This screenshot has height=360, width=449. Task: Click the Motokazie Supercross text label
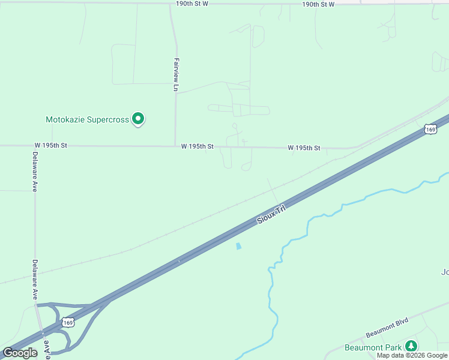click(x=88, y=119)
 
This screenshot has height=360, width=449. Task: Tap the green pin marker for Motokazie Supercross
click(x=139, y=119)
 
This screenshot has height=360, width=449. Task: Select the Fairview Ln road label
click(x=176, y=74)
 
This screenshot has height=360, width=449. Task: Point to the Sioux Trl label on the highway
click(x=271, y=214)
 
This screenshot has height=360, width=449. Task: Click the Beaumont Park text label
click(x=373, y=347)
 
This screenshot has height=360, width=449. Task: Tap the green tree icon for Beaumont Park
click(x=411, y=346)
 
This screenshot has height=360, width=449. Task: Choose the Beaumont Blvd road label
click(x=387, y=328)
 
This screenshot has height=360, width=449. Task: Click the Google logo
click(x=20, y=353)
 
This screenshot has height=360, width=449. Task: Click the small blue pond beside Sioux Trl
click(x=239, y=246)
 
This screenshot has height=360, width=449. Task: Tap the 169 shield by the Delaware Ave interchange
click(x=68, y=322)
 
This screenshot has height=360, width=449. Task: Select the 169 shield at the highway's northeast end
click(x=429, y=128)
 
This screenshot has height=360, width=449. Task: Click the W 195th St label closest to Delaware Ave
click(x=50, y=146)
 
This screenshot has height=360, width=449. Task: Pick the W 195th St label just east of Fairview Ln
click(x=197, y=146)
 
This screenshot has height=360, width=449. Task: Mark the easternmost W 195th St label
click(x=304, y=148)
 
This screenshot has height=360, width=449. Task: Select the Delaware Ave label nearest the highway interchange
click(x=35, y=280)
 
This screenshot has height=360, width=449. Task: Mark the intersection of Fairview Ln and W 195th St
click(x=176, y=146)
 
